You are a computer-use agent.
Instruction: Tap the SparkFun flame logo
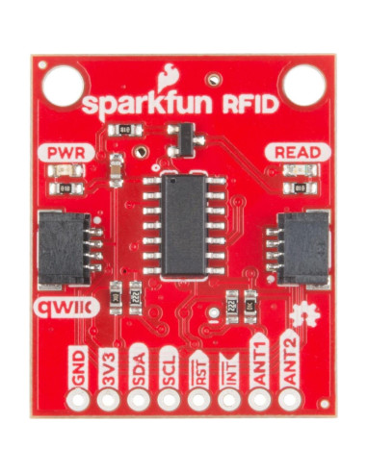click(170, 74)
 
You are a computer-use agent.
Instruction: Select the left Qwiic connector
click(63, 248)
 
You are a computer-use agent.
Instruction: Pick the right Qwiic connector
click(302, 248)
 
